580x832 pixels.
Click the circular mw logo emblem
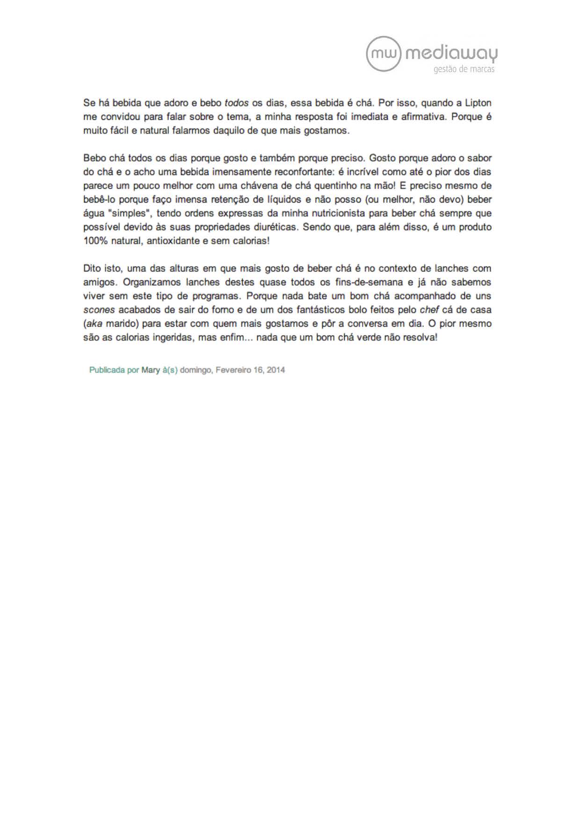(x=384, y=54)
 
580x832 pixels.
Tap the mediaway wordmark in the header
(x=451, y=54)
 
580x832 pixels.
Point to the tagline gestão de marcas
(x=464, y=70)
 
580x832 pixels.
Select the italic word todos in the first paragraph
(x=237, y=103)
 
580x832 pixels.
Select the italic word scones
(x=99, y=310)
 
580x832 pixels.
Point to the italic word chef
(x=429, y=310)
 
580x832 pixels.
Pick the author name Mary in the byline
(x=151, y=370)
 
